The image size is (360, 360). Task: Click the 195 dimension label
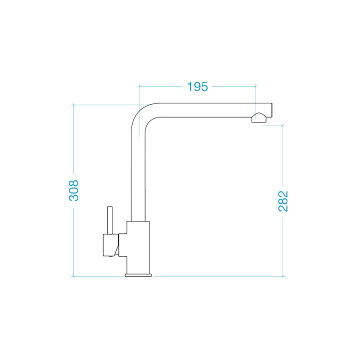point(197,86)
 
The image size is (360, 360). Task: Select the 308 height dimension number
point(73,190)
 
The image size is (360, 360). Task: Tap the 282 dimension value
point(283,201)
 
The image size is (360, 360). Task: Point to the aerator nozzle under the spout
point(259,118)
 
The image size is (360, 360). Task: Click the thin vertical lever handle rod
point(109,219)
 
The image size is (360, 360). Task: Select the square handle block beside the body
point(109,244)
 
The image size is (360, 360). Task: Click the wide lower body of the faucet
point(138,247)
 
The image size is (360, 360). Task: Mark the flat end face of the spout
point(273,110)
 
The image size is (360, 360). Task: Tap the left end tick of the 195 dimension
point(138,85)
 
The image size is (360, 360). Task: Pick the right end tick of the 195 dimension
point(256,85)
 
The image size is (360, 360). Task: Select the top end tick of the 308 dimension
point(73,104)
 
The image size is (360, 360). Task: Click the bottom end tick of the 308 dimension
point(73,276)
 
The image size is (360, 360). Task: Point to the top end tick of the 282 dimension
point(283,124)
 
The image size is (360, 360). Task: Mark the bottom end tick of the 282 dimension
point(283,276)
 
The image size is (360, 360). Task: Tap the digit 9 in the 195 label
point(197,86)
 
